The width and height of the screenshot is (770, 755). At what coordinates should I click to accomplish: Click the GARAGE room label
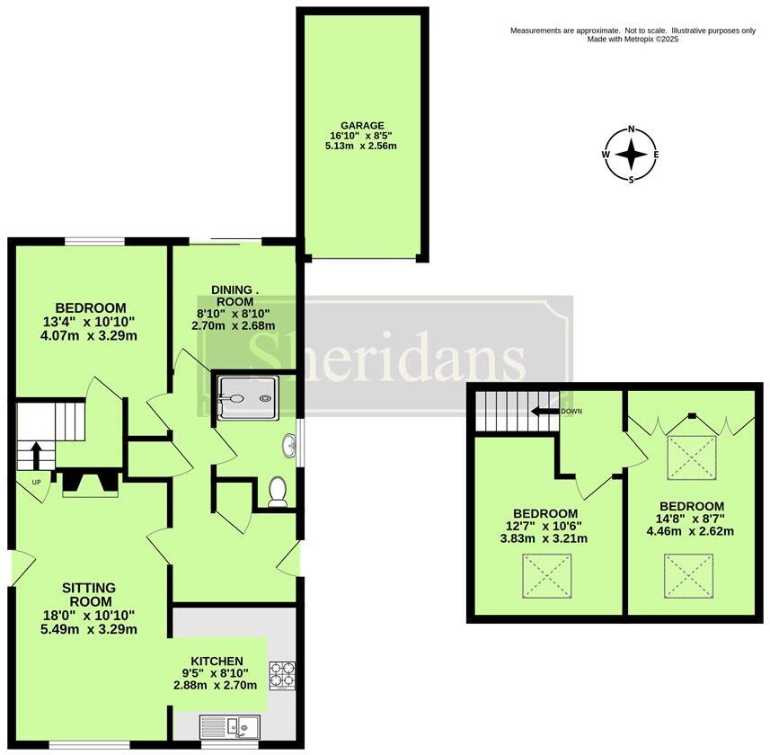pyautogui.click(x=362, y=126)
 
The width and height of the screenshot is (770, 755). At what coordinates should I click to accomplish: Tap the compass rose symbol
pyautogui.click(x=631, y=155)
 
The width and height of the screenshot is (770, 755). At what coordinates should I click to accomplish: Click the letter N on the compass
pyautogui.click(x=631, y=129)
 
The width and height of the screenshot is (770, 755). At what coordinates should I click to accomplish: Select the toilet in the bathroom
pyautogui.click(x=278, y=493)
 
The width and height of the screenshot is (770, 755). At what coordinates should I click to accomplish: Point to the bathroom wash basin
pyautogui.click(x=290, y=444)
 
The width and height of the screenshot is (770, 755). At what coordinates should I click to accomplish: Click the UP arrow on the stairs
pyautogui.click(x=35, y=454)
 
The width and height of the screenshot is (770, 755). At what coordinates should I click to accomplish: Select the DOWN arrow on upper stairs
pyautogui.click(x=543, y=412)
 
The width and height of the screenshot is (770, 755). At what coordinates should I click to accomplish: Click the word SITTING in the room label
pyautogui.click(x=87, y=588)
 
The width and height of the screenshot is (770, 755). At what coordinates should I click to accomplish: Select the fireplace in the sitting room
pyautogui.click(x=89, y=484)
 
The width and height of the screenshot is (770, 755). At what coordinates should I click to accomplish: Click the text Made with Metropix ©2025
pyautogui.click(x=633, y=40)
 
